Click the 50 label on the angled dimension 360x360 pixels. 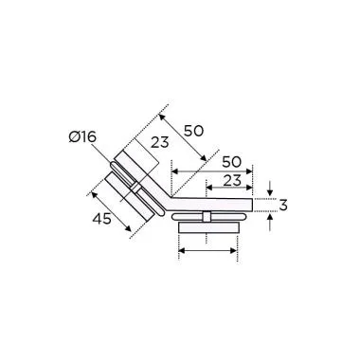(192, 129)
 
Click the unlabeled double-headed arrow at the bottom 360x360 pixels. (207, 251)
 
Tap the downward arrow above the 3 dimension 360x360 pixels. (271, 189)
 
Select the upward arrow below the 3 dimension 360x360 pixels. (271, 223)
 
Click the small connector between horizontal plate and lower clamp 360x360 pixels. (207, 216)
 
